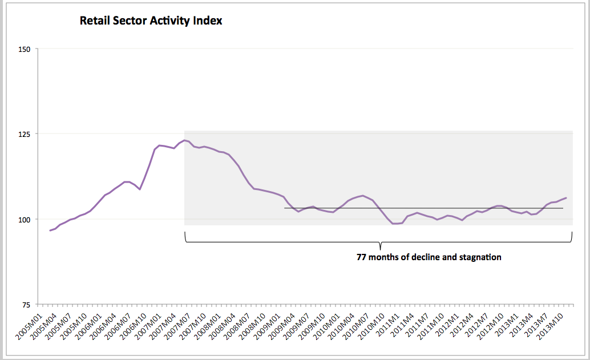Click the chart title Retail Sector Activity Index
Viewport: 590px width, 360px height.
tap(151, 21)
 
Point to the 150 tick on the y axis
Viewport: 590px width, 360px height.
tap(24, 49)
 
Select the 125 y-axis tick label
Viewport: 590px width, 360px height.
tap(24, 134)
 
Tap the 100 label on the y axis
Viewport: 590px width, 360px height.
tap(24, 220)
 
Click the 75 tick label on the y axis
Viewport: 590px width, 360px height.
tap(26, 305)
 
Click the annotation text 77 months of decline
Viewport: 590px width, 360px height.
tap(398, 257)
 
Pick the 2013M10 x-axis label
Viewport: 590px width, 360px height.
tap(550, 326)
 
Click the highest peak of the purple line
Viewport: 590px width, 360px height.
tap(184, 140)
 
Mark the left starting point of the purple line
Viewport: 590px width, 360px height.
tap(50, 230)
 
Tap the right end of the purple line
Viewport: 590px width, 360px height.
tap(566, 198)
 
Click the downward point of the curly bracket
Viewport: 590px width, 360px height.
tap(380, 249)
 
